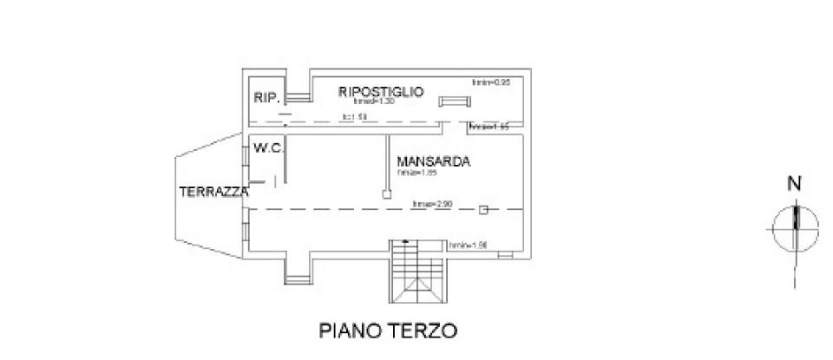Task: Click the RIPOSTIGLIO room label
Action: pyautogui.click(x=381, y=91)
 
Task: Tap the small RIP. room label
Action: pyautogui.click(x=266, y=99)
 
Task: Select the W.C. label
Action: pyautogui.click(x=267, y=149)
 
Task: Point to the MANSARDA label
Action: pyautogui.click(x=433, y=161)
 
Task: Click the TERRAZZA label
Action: pyautogui.click(x=213, y=192)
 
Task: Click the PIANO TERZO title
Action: pyautogui.click(x=387, y=331)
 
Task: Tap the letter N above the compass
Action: pyautogui.click(x=793, y=184)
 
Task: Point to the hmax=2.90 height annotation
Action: pyautogui.click(x=432, y=205)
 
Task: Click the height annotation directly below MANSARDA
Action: pyautogui.click(x=416, y=173)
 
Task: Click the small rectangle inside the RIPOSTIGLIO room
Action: pyautogui.click(x=452, y=102)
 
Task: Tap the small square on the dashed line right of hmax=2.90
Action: pyautogui.click(x=485, y=209)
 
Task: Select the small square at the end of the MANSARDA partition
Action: pyautogui.click(x=386, y=195)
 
